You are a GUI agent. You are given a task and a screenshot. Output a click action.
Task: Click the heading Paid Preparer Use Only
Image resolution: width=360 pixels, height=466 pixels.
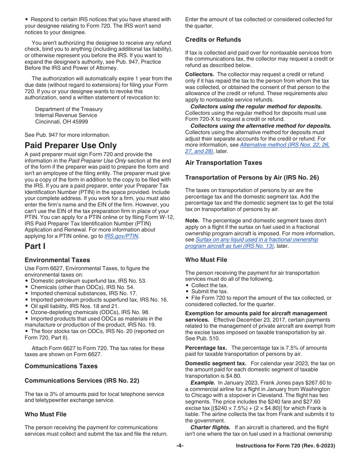pyautogui.click(x=70, y=145)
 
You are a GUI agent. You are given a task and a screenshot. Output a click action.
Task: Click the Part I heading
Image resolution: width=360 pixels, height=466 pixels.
pyautogui.click(x=35, y=246)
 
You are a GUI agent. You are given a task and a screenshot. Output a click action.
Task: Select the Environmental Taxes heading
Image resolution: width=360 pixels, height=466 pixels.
pyautogui.click(x=57, y=260)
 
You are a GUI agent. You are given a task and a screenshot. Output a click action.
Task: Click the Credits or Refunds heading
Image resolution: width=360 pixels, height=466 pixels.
pyautogui.click(x=213, y=39)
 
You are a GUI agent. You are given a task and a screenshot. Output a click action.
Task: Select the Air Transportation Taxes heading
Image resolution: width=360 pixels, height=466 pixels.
pyautogui.click(x=224, y=163)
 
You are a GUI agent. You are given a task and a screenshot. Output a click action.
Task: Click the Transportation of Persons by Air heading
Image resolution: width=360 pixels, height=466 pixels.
pyautogui.click(x=252, y=177)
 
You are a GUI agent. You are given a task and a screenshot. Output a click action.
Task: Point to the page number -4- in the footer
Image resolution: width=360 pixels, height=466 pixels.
pyautogui.click(x=180, y=446)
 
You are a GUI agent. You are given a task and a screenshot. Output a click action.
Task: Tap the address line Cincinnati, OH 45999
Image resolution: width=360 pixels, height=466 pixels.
pyautogui.click(x=61, y=122)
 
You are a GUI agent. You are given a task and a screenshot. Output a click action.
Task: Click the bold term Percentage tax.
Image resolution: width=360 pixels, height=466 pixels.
pyautogui.click(x=206, y=348)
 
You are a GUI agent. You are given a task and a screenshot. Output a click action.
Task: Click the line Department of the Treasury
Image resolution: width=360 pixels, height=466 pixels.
pyautogui.click(x=69, y=109)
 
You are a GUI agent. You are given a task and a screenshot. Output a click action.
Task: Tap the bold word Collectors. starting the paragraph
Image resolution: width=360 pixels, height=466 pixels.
pyautogui.click(x=200, y=74)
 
